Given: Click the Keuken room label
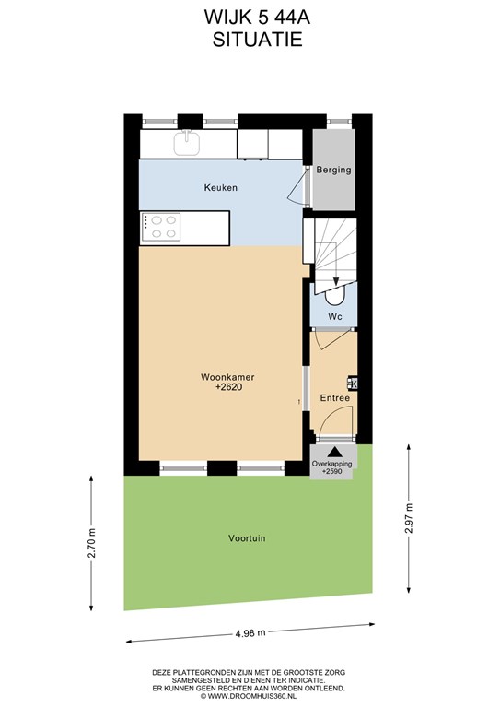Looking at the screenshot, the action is [220, 187].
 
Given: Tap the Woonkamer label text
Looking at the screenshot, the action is [227, 377].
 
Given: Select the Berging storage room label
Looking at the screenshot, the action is [333, 171].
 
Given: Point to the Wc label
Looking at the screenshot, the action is [335, 317].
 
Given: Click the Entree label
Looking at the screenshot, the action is [335, 398].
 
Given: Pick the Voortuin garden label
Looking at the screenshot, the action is [247, 538].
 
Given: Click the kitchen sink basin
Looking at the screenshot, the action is [187, 142].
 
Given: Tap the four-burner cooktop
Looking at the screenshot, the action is [161, 227].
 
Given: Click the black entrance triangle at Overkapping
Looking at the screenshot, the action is [334, 452].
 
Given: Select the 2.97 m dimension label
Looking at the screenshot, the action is [409, 518].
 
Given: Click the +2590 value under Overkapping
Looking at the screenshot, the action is [332, 471].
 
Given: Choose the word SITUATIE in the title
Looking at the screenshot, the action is [258, 40].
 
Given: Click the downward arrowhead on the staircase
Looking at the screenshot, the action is [336, 281].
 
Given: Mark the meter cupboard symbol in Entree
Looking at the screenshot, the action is [352, 383].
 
